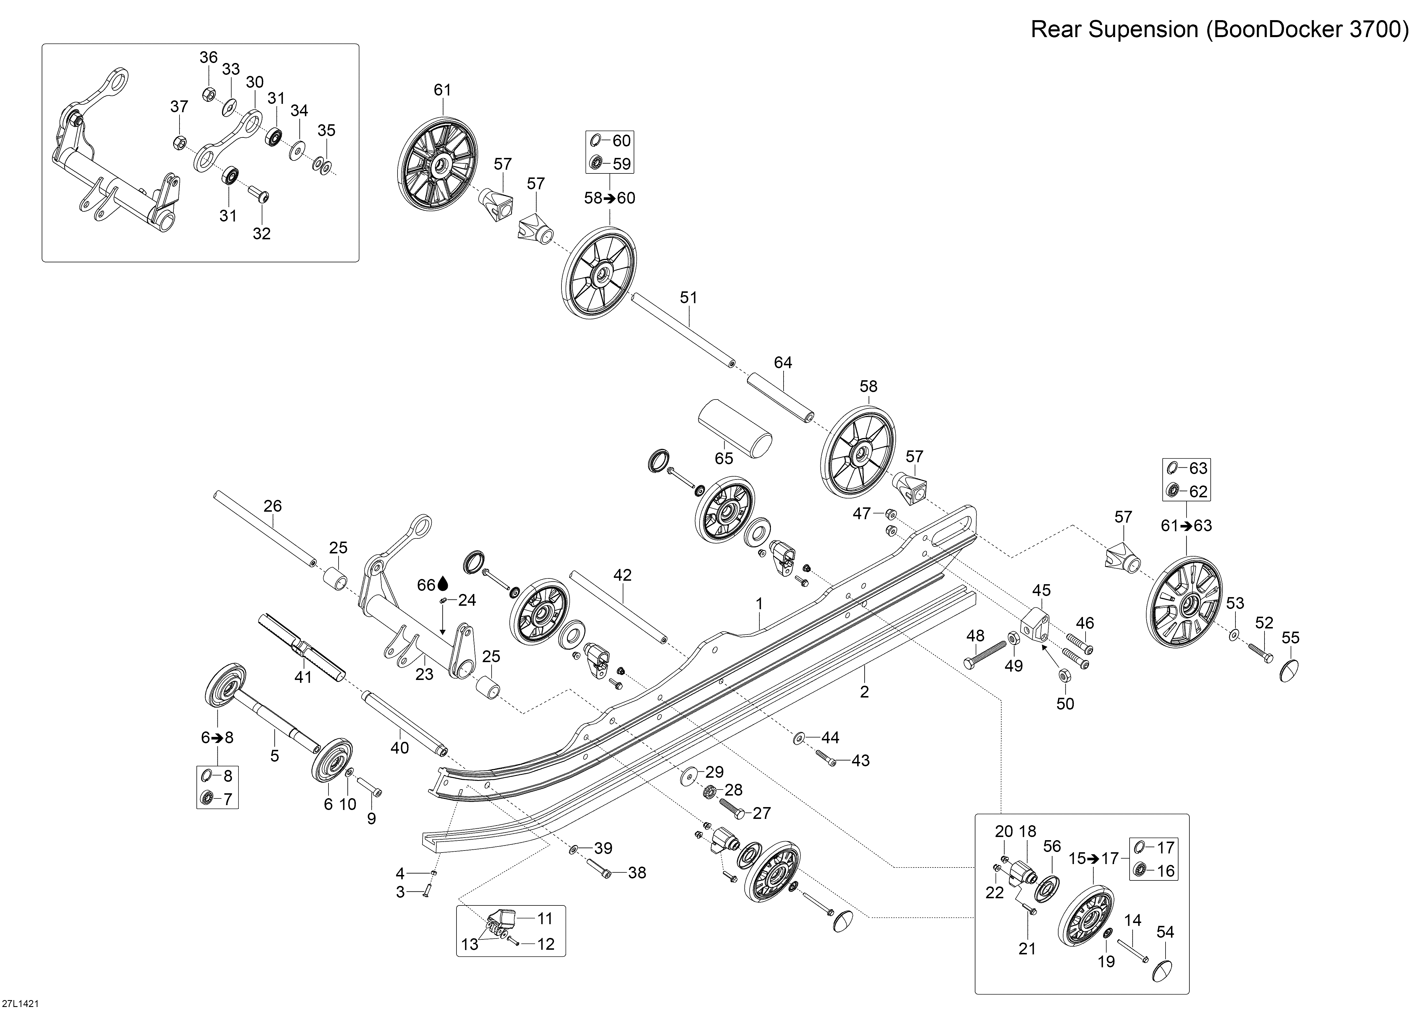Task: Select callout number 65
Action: pos(724,458)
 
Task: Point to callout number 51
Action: pos(689,298)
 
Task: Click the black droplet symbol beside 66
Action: pos(442,584)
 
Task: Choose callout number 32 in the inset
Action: pos(262,234)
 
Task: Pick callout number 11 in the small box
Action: pos(545,918)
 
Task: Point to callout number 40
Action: pos(400,748)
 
